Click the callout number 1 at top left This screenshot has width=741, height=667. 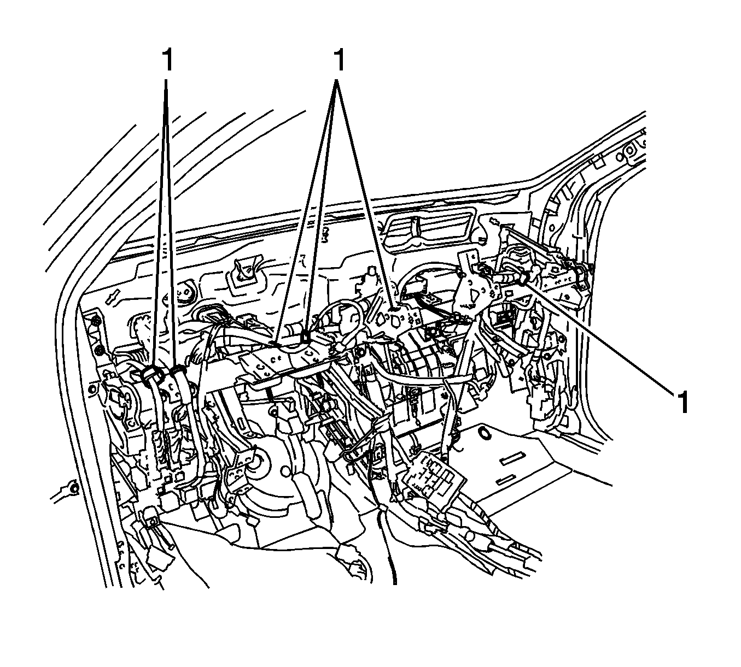(167, 60)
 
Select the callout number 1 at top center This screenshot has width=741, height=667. (340, 60)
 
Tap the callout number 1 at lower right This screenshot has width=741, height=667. (681, 403)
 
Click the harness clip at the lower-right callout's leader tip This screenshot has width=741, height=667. (524, 280)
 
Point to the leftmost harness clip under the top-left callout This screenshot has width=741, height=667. (149, 374)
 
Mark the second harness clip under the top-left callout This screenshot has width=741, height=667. (177, 371)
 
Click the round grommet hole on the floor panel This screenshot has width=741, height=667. (484, 434)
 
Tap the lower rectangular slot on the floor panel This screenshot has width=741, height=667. (507, 480)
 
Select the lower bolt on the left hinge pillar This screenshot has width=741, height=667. (99, 350)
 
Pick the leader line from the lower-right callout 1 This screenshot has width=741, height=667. (602, 339)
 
